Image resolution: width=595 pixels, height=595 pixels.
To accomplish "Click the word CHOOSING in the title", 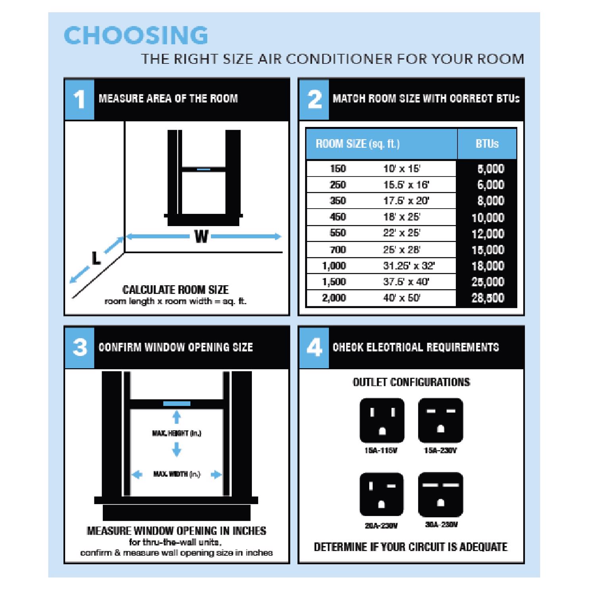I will pos(136,35).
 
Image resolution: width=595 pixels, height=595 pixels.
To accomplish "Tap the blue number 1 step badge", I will pos(79,99).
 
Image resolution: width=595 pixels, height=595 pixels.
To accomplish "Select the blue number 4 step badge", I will pos(314,348).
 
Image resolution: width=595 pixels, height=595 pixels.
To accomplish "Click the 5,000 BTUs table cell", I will pos(490,169).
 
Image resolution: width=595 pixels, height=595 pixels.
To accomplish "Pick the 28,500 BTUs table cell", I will pos(488,298).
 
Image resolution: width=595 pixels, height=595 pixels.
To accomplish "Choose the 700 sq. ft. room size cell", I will pos(338,250).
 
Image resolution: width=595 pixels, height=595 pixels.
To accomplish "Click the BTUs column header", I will pos(487,144).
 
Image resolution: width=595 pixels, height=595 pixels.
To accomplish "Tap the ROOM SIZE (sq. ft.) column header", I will pos(357,144).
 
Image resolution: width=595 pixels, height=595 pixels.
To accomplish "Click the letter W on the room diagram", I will pos(202,237).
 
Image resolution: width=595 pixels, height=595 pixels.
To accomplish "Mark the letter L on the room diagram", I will pos(96,259).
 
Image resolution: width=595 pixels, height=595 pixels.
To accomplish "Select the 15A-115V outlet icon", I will pos(382,420).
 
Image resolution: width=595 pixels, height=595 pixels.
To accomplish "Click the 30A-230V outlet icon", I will pos(440,495).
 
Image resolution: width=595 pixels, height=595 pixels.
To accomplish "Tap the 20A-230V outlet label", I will pos(381,526).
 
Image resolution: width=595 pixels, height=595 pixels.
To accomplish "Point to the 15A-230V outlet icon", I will pos(440,420).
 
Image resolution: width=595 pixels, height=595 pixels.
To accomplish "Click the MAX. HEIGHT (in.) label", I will pos(177,433).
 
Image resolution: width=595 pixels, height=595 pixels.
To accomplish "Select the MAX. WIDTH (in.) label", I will pos(177,474).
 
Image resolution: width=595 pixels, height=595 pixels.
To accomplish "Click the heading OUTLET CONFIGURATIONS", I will pos(411,382).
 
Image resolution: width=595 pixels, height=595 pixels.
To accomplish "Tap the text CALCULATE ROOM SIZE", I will pos(175,290).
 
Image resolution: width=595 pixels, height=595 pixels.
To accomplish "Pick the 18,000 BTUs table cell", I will pos(488,266).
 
